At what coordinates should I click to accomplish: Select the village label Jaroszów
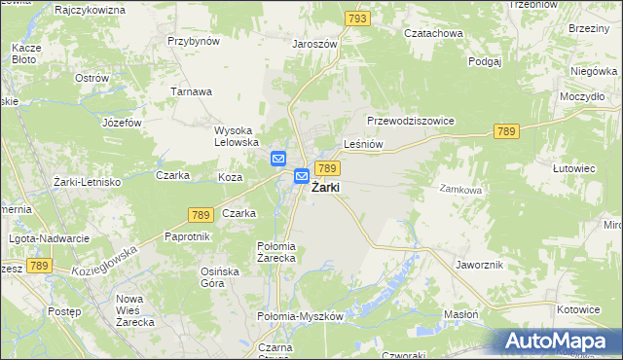[314, 44]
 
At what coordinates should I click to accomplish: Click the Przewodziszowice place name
[411, 121]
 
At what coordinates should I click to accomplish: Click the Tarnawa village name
[192, 91]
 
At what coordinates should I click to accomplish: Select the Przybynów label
[194, 42]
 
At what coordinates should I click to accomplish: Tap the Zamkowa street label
[460, 191]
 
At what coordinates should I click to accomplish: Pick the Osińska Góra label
[219, 277]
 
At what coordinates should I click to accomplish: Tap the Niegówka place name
[595, 71]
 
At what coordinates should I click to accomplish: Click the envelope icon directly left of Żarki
[302, 176]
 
